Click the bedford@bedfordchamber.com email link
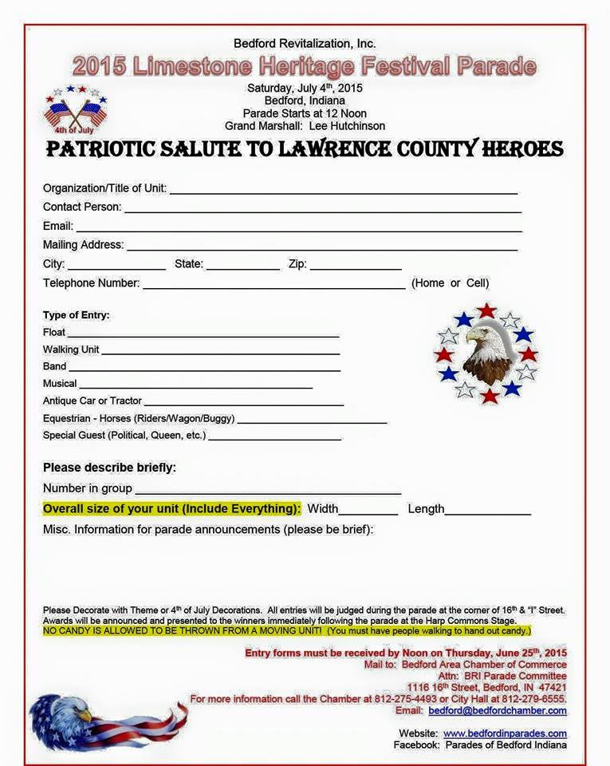coord(498,711)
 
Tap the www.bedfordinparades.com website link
coord(505,733)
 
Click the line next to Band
coord(204,369)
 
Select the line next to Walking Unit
coord(220,353)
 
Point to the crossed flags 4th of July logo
coord(75,110)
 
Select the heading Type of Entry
coord(77,315)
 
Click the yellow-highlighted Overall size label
coord(171,509)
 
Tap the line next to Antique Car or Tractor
coord(243,404)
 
